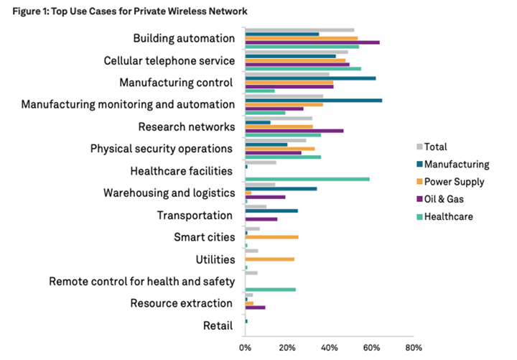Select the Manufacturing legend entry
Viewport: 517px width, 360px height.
click(x=457, y=164)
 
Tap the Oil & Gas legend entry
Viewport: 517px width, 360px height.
click(x=448, y=199)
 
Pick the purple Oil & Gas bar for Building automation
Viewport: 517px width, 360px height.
click(x=312, y=42)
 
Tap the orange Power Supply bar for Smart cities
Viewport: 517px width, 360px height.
click(x=271, y=237)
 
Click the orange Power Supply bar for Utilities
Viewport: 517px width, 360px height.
click(x=269, y=259)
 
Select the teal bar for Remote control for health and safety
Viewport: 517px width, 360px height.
click(x=271, y=290)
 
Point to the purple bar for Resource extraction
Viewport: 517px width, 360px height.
click(x=255, y=308)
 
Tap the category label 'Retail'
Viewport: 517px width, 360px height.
click(x=218, y=326)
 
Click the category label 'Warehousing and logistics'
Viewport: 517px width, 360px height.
click(x=169, y=193)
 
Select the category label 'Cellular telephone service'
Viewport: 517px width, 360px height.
click(x=169, y=60)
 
